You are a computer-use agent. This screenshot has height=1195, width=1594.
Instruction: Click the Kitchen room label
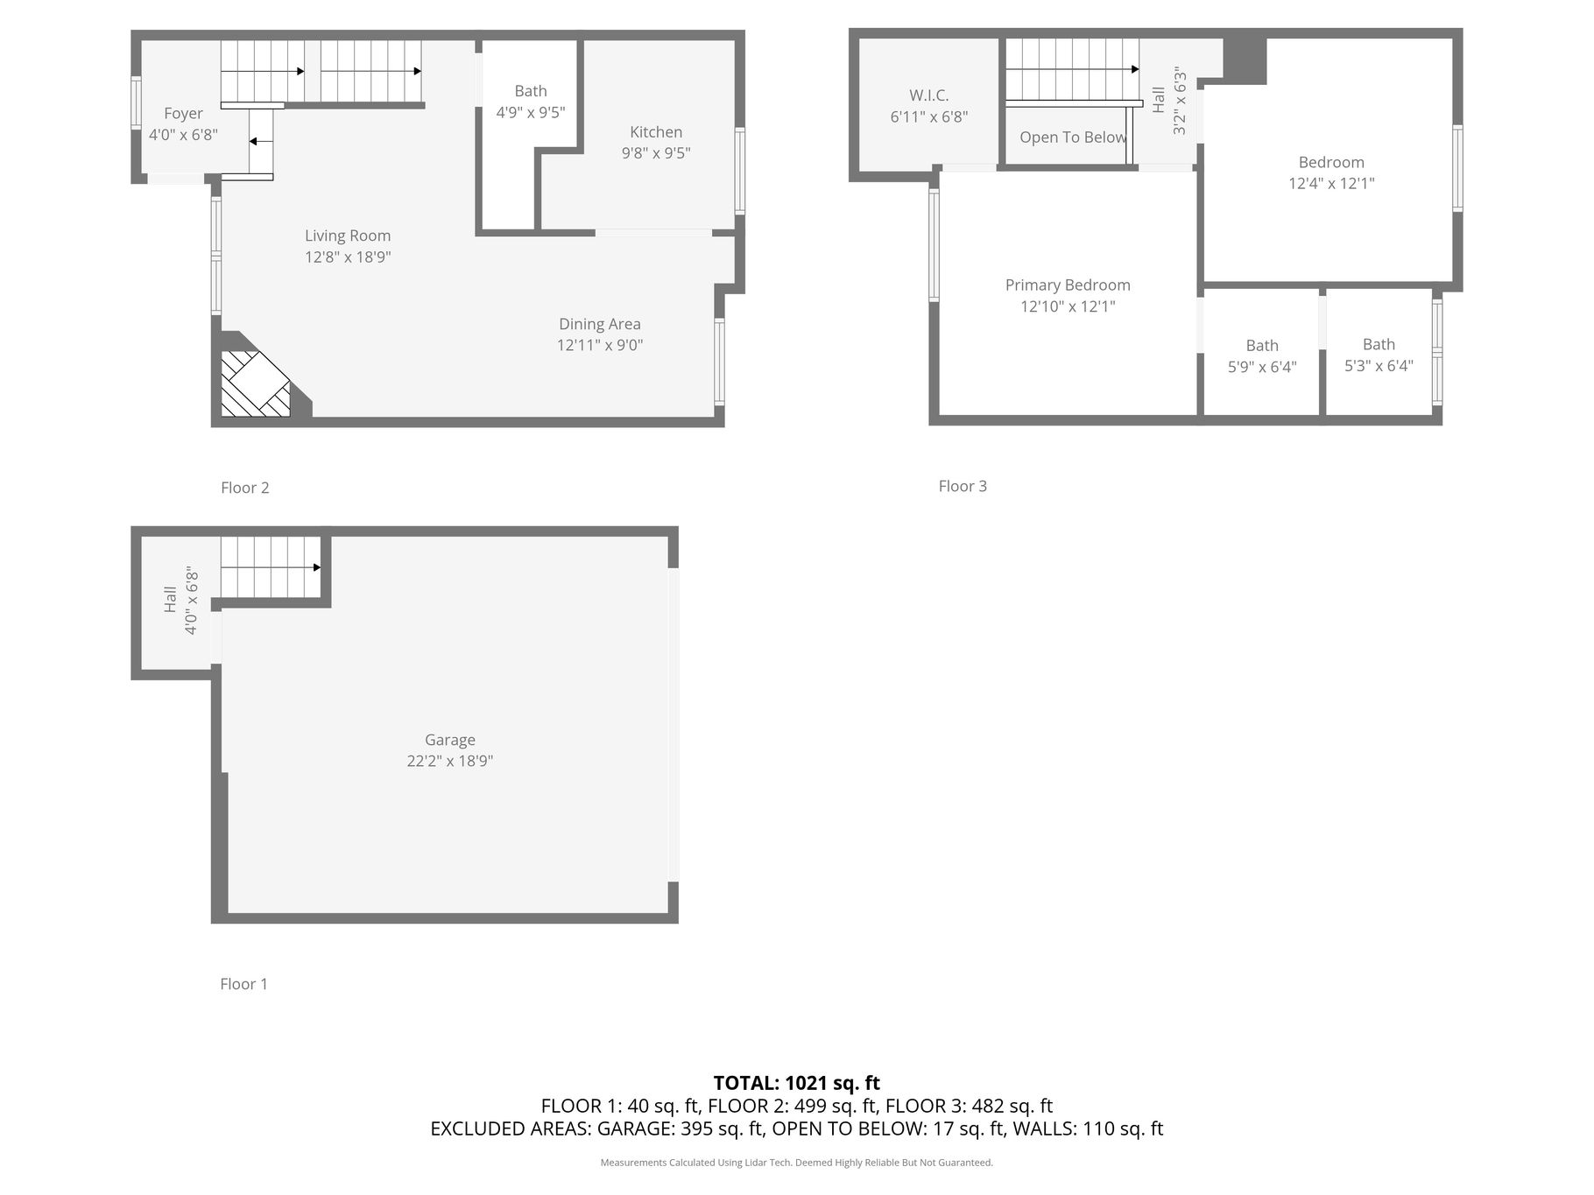click(x=656, y=132)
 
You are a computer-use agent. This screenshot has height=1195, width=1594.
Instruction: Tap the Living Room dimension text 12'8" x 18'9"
click(x=348, y=257)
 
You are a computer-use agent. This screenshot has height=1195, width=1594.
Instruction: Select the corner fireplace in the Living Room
click(x=255, y=383)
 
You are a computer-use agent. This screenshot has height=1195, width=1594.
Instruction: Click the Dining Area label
click(x=600, y=324)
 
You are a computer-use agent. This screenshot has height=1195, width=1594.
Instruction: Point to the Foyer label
click(x=183, y=114)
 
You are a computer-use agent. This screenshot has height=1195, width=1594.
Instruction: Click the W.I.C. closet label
click(x=929, y=95)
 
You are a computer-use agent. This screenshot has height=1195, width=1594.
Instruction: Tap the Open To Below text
click(x=1073, y=137)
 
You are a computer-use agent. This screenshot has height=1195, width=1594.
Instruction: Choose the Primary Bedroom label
click(x=1068, y=285)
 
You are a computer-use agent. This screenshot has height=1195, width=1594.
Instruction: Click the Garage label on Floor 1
click(x=450, y=741)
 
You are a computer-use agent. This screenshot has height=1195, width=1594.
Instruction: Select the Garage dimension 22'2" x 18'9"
click(x=450, y=762)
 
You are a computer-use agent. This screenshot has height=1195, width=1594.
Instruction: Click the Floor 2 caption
click(x=245, y=488)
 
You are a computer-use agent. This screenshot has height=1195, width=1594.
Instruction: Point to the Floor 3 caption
click(x=963, y=486)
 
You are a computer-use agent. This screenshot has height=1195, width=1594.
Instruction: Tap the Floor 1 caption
click(x=243, y=984)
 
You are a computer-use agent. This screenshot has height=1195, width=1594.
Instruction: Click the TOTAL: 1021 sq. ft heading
click(x=797, y=1084)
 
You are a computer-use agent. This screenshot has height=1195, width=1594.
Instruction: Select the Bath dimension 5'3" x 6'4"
click(x=1379, y=366)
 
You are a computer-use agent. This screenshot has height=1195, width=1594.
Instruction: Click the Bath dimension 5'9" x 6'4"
click(x=1262, y=367)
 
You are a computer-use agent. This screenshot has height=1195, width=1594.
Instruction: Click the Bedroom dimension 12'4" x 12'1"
click(x=1331, y=184)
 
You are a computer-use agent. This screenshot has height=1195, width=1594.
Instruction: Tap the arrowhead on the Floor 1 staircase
click(x=317, y=567)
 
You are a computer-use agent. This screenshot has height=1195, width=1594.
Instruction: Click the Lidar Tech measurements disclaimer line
click(x=797, y=1163)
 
